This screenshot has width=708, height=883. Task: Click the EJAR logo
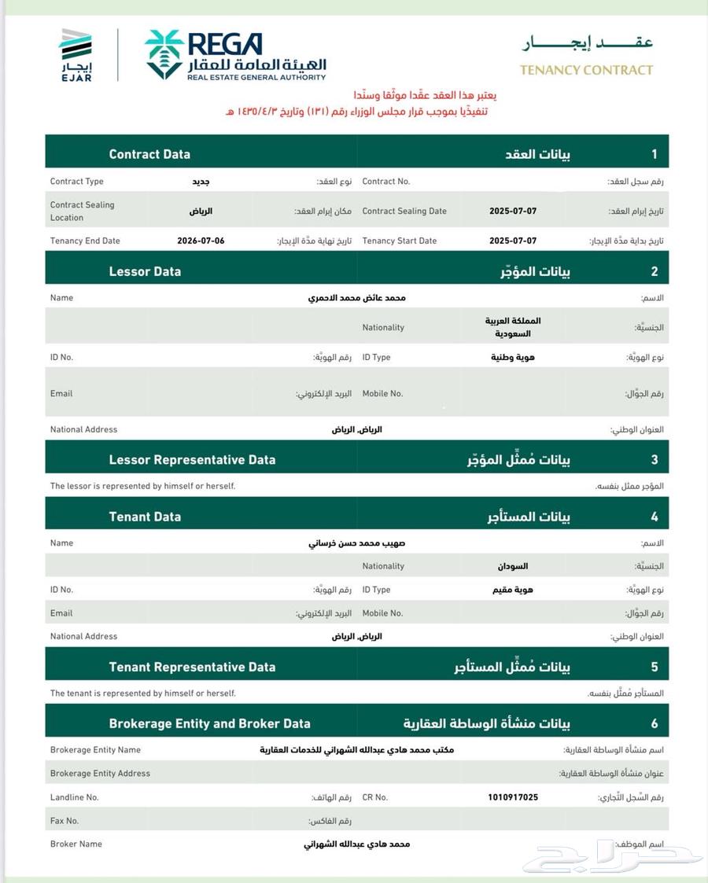[x=76, y=55]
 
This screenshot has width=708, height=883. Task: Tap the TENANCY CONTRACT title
[x=586, y=70]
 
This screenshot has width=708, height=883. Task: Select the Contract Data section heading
[x=149, y=154]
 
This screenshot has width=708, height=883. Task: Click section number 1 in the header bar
[x=654, y=154]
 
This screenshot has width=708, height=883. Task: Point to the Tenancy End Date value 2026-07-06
[x=201, y=241]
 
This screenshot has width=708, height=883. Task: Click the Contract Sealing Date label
[x=404, y=211]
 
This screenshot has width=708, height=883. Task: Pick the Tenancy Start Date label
[x=400, y=241]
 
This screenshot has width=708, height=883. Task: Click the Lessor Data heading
[x=145, y=271]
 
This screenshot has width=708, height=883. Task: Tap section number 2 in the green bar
[x=654, y=271]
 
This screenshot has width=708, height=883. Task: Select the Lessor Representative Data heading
[x=192, y=459]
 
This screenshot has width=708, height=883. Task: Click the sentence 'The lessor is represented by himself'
[x=142, y=486]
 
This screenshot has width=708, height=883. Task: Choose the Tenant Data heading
[x=145, y=517]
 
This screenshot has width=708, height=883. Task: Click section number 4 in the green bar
[x=654, y=517]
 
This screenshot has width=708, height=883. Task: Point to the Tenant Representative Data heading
[x=192, y=667]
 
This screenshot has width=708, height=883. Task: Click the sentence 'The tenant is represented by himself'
[x=142, y=694]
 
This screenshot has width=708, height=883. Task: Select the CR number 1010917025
[x=513, y=797]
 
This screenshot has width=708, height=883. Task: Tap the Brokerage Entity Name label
[x=95, y=750]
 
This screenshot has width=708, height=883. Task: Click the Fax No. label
[x=65, y=820]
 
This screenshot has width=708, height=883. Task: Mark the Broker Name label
[x=76, y=844]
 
